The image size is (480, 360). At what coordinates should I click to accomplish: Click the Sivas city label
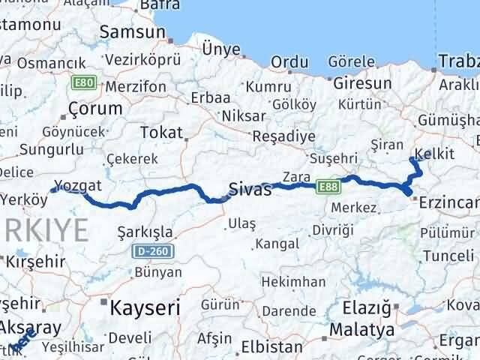click(249, 190)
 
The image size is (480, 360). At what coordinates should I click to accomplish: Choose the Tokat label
click(161, 133)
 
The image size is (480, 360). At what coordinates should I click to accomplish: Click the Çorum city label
click(94, 109)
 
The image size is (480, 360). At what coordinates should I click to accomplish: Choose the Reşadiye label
click(280, 137)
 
